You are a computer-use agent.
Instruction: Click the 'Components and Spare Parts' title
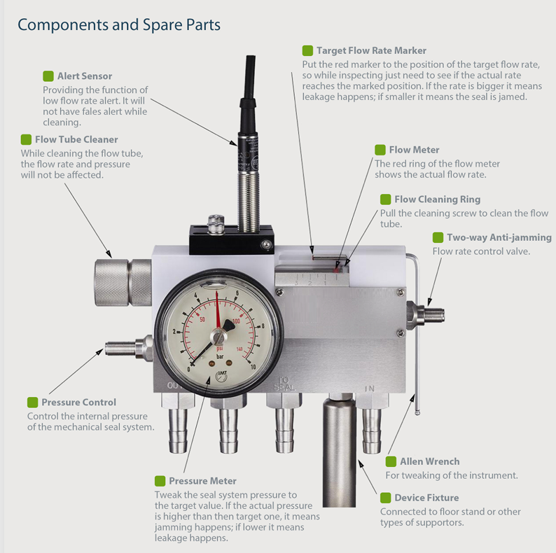(119, 24)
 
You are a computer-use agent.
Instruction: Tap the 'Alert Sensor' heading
(85, 76)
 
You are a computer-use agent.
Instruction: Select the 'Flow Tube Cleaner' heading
(76, 139)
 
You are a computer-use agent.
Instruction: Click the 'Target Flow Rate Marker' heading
(371, 50)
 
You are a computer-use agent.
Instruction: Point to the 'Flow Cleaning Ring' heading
(437, 199)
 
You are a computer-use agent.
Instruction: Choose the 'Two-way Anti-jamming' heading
(499, 237)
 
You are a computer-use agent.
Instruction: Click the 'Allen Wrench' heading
(429, 461)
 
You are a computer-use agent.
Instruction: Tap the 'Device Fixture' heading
(426, 498)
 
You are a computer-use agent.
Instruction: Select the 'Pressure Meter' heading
(202, 481)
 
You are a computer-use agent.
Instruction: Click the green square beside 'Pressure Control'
(33, 402)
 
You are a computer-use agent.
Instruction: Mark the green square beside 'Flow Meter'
(380, 150)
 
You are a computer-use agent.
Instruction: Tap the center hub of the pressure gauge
(218, 336)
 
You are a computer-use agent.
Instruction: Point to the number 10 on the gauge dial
(253, 367)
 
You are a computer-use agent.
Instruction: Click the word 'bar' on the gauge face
(220, 356)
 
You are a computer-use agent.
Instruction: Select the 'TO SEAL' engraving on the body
(284, 384)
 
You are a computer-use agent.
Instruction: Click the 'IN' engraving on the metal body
(370, 388)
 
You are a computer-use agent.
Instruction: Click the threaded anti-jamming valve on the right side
(425, 314)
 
